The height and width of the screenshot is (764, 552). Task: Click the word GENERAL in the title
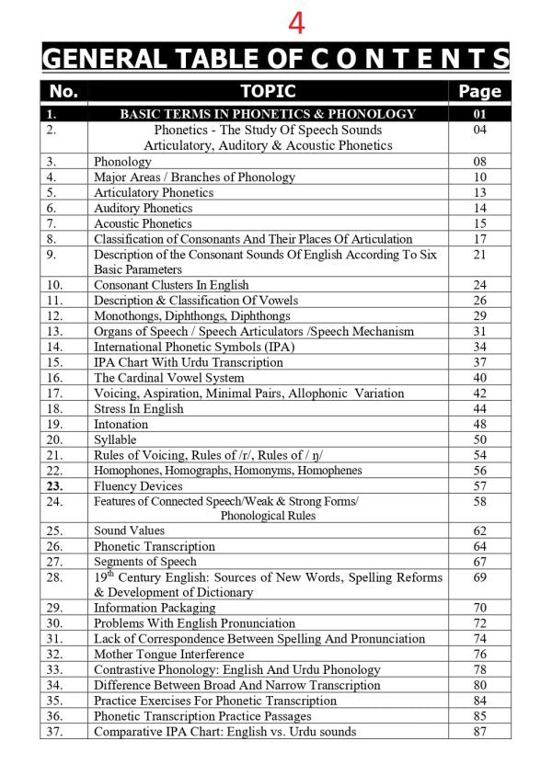pyautogui.click(x=102, y=59)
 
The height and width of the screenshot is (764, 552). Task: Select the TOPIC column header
pyautogui.click(x=268, y=90)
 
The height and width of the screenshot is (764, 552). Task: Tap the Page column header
pyautogui.click(x=479, y=91)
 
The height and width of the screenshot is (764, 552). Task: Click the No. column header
pyautogui.click(x=63, y=90)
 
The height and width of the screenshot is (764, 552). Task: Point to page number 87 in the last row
pyautogui.click(x=479, y=731)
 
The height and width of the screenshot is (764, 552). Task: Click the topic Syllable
pyautogui.click(x=115, y=439)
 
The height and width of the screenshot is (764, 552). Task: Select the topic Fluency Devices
pyautogui.click(x=138, y=485)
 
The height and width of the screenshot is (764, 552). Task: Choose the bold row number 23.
pyautogui.click(x=53, y=485)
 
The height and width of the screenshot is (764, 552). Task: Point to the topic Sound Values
pyautogui.click(x=129, y=530)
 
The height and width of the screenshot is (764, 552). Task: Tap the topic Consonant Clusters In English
pyautogui.click(x=171, y=285)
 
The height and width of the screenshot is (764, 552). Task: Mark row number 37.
pyautogui.click(x=53, y=731)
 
